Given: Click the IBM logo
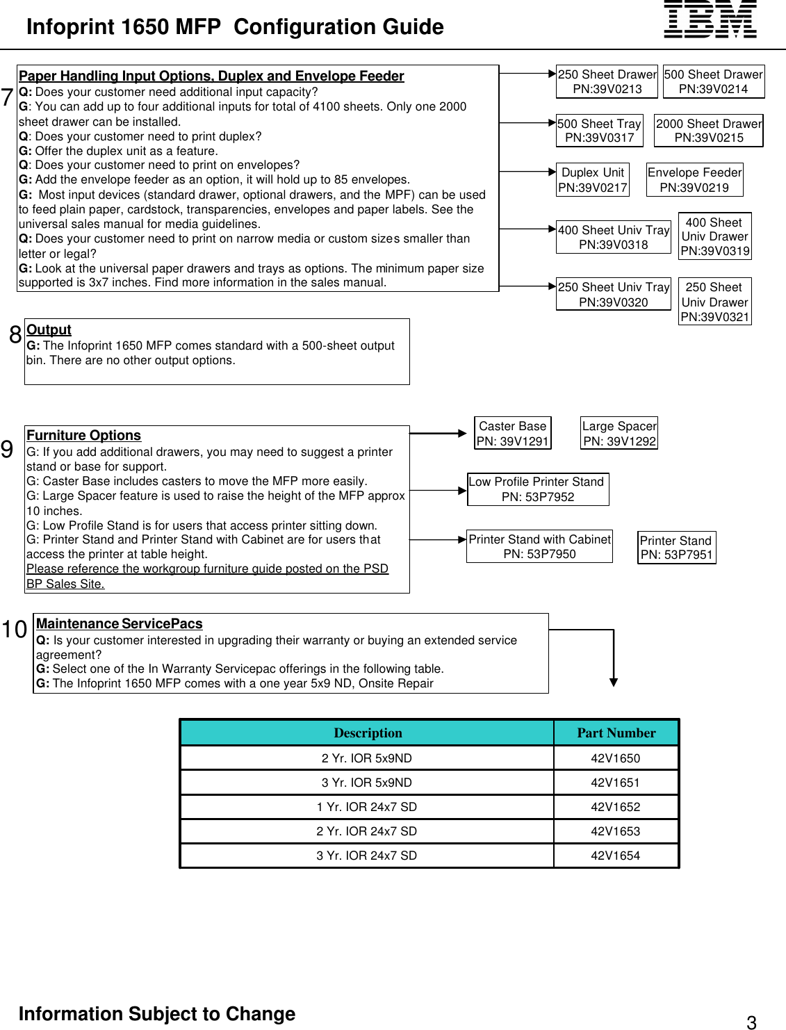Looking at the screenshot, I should [x=710, y=19].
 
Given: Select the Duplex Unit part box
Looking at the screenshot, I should [x=593, y=180].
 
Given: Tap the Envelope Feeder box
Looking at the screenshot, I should [x=694, y=180].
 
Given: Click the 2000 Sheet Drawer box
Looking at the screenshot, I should [x=708, y=131].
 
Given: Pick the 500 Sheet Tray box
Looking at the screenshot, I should [x=599, y=131].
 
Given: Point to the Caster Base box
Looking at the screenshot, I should [x=513, y=434].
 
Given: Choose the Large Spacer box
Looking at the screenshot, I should [x=619, y=434].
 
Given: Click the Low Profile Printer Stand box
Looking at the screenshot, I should [x=538, y=489].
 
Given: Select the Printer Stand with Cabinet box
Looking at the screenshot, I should [x=539, y=546].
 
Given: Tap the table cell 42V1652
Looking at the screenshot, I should [x=615, y=807].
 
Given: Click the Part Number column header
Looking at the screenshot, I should [x=616, y=733].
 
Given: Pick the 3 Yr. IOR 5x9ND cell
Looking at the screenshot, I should [x=366, y=783].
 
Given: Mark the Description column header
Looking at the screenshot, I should [x=368, y=733].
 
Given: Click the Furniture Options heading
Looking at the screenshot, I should [x=83, y=436].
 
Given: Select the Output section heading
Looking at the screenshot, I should [x=49, y=330].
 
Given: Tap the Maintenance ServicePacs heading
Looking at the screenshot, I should [x=119, y=624].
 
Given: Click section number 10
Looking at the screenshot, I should [x=14, y=630].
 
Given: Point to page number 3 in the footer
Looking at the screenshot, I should [x=751, y=1022].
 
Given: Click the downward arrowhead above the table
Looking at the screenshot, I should [x=614, y=682].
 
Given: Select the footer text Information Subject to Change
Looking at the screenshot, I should [x=157, y=1014].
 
